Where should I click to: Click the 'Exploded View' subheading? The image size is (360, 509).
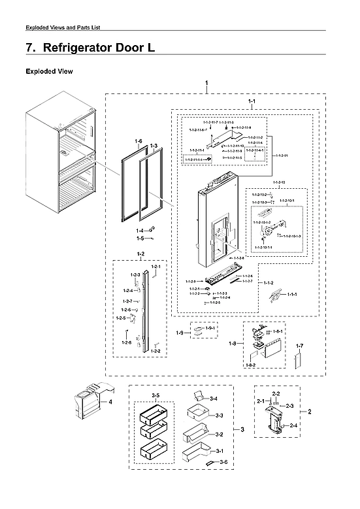pos(49,71)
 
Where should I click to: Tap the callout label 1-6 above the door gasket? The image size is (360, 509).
pos(139,142)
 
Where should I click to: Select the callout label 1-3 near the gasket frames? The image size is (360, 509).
pos(154,145)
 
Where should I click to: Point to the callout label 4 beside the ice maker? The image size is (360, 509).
pos(110,402)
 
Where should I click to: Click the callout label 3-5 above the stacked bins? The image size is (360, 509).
pos(155,396)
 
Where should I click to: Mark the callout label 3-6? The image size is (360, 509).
pos(223,462)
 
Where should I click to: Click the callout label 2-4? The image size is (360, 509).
pos(293,425)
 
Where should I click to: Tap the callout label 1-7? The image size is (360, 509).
pos(300,344)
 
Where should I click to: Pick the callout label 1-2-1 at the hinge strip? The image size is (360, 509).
pos(155,268)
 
